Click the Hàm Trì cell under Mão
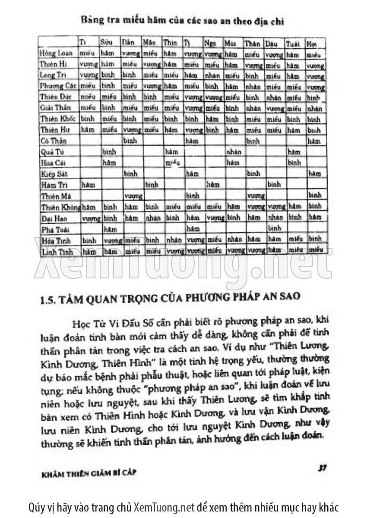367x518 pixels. (152, 184)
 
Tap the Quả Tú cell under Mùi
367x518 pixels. (234, 152)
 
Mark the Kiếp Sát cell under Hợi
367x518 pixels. (314, 174)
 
